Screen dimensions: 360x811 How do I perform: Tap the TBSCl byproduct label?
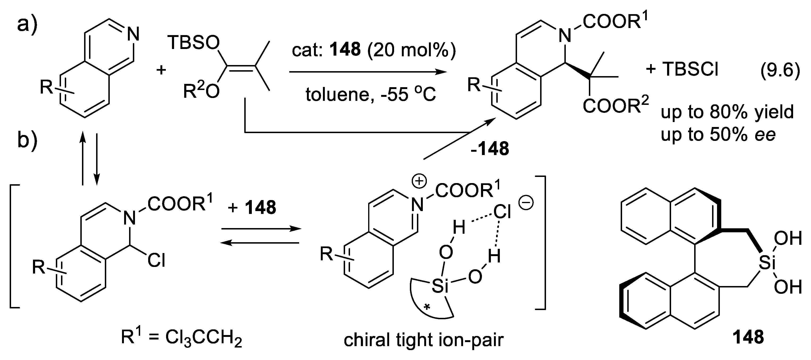click(690, 69)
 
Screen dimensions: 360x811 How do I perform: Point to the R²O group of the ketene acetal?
click(201, 92)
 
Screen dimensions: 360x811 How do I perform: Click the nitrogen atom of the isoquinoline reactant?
click(133, 34)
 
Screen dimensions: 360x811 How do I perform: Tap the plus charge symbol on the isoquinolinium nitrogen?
click(419, 182)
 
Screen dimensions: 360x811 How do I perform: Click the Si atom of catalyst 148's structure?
click(767, 263)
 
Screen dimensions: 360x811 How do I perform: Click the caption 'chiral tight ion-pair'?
click(424, 340)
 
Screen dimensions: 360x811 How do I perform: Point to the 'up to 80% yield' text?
click(727, 112)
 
